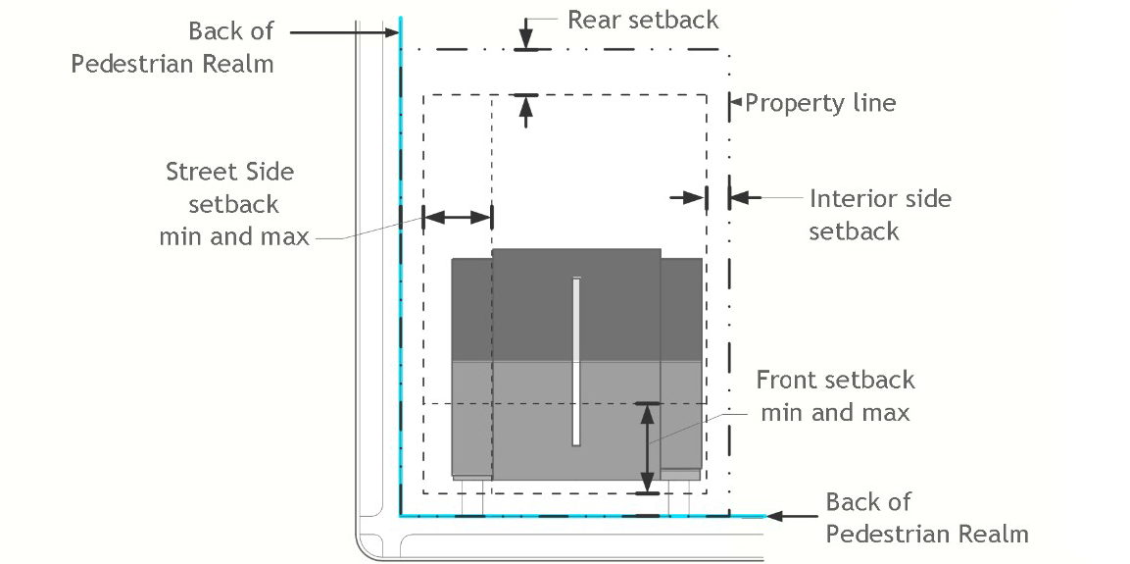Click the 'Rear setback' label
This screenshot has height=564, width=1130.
coord(642,20)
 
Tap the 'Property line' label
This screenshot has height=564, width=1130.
coord(820,103)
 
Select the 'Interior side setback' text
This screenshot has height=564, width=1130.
coord(879,215)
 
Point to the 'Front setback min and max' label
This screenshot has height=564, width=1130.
coord(835,396)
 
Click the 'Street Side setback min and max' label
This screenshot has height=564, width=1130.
coord(233,204)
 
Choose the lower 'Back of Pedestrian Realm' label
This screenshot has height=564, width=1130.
coord(926,518)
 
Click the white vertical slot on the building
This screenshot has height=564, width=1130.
coord(576,361)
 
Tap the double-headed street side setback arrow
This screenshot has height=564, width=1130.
coord(457,216)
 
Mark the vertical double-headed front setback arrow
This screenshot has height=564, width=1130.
coord(647,446)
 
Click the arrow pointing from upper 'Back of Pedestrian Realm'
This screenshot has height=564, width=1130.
coord(343,32)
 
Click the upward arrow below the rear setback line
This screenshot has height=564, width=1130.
coord(526,110)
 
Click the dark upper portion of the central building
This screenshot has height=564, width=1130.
coord(575,304)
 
